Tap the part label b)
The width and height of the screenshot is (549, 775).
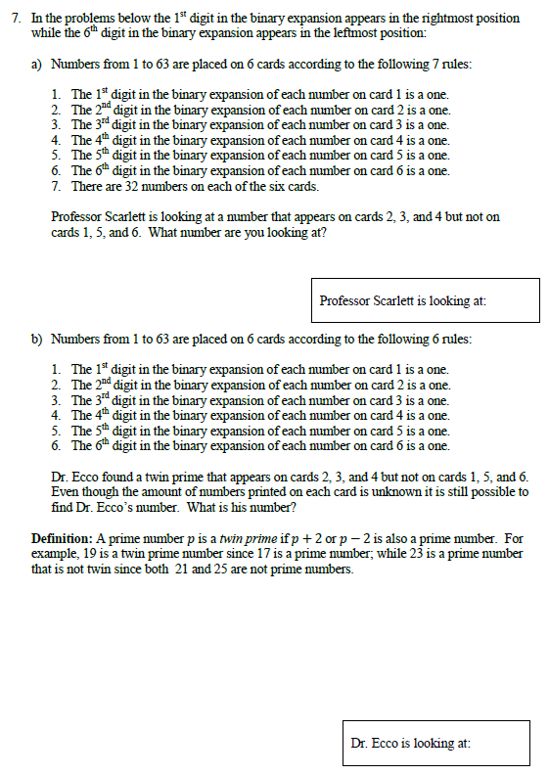36,340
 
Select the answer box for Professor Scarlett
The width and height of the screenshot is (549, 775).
429,300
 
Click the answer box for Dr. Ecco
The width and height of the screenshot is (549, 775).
436,744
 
